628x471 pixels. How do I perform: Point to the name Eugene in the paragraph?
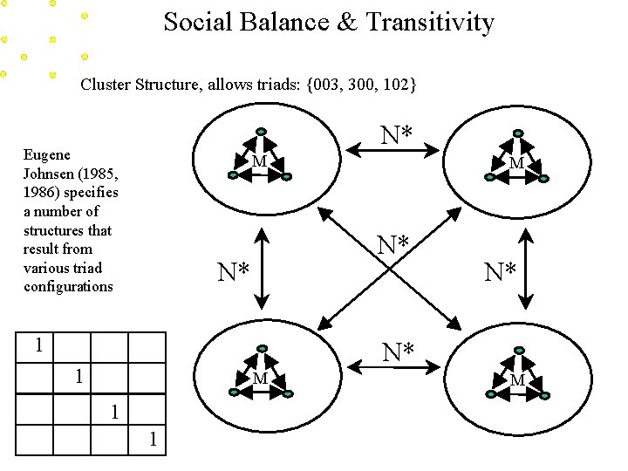47,155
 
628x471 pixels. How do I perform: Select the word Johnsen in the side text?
52,174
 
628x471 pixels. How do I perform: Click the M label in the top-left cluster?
259,162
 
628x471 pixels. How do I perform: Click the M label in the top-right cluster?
516,163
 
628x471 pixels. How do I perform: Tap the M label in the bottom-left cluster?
259,379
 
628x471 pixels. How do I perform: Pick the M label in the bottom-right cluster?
517,380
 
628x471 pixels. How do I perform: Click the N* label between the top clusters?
397,134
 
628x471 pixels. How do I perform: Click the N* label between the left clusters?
233,273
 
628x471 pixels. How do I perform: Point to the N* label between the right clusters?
500,273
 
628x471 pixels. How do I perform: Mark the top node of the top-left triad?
259,133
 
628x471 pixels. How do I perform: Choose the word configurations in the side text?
68,287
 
